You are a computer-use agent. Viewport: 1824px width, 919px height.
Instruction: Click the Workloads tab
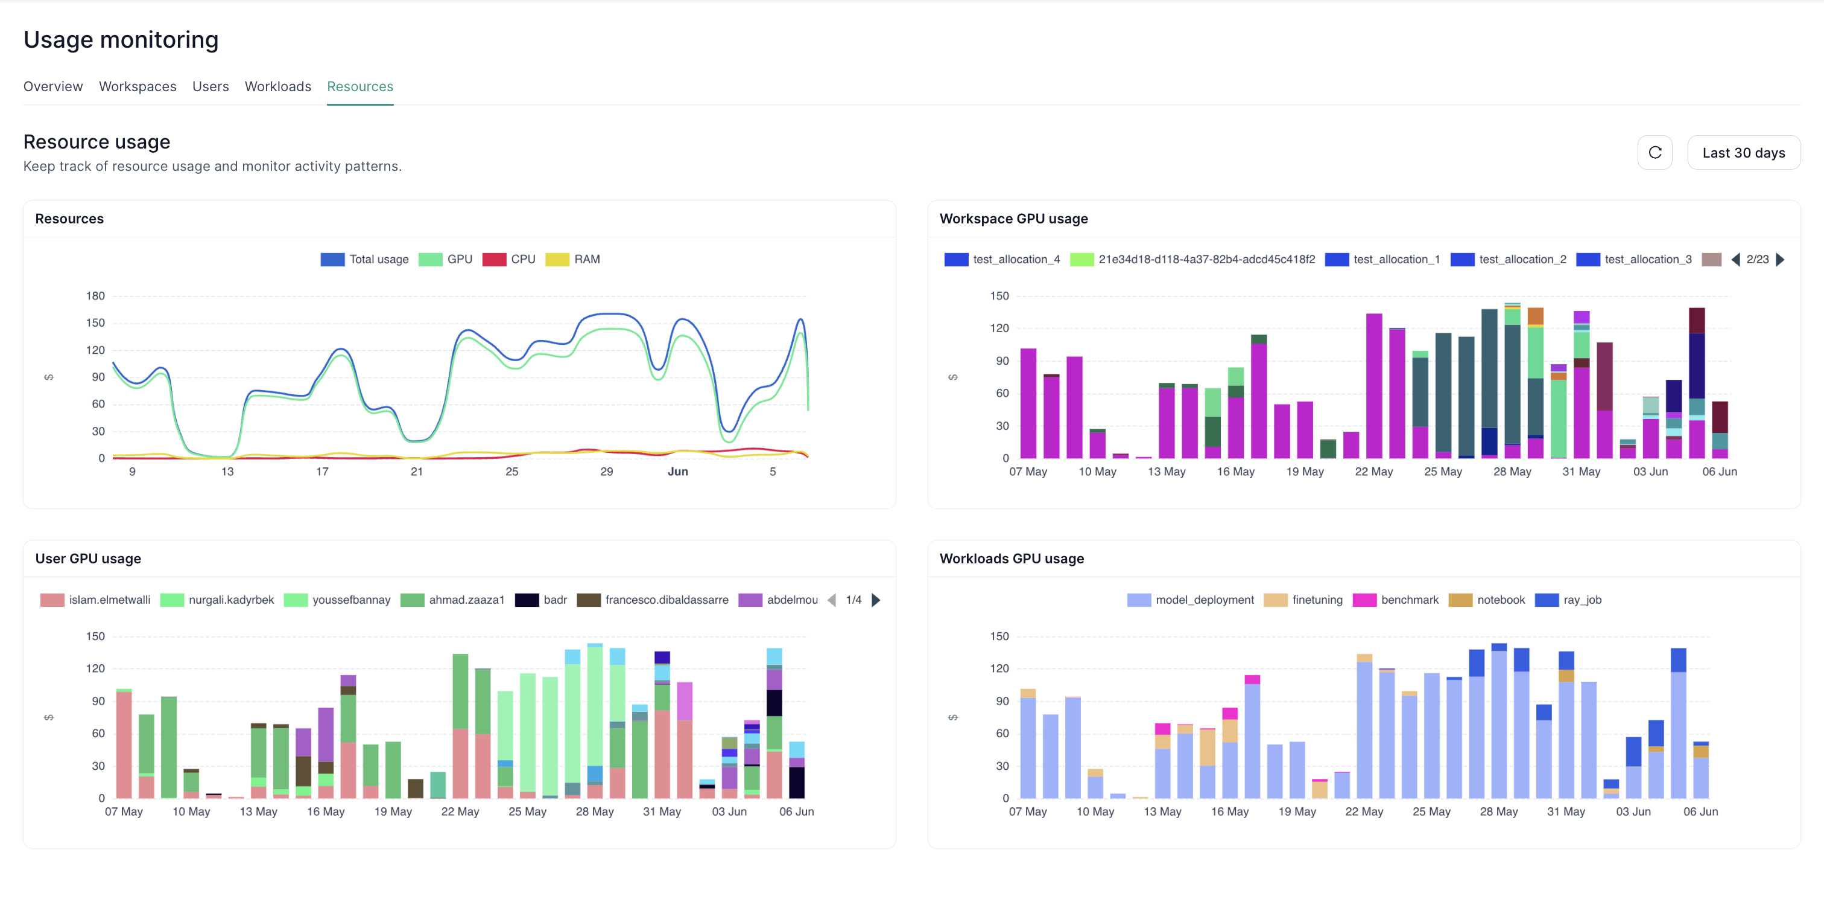tap(277, 86)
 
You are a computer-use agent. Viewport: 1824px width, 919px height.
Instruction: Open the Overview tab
tap(53, 86)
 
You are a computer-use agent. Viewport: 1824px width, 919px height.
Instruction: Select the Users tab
tap(211, 86)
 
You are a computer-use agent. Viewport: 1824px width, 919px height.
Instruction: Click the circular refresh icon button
tap(1654, 153)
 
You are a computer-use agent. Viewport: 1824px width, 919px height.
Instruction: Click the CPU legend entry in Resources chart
tap(509, 259)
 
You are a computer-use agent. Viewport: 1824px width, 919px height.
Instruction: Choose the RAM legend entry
tap(573, 259)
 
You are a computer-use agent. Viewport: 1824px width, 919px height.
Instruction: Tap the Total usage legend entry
tap(365, 259)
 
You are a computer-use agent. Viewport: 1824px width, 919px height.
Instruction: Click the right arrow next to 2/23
tap(1781, 259)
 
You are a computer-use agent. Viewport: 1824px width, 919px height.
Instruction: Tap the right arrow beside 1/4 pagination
tap(876, 600)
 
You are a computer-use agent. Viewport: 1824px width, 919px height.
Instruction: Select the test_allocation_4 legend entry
tap(1002, 259)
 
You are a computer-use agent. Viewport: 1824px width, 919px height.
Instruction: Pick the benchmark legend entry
tap(1396, 600)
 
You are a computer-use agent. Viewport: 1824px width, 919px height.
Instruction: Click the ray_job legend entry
tap(1568, 600)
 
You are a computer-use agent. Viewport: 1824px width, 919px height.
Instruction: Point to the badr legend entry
tap(542, 600)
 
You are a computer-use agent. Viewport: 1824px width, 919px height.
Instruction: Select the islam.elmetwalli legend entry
tap(95, 600)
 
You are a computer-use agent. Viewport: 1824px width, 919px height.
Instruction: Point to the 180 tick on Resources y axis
tap(95, 296)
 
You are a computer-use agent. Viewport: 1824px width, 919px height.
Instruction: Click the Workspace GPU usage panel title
tap(1013, 219)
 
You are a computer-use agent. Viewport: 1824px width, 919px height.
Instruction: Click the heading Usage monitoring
tap(121, 40)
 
